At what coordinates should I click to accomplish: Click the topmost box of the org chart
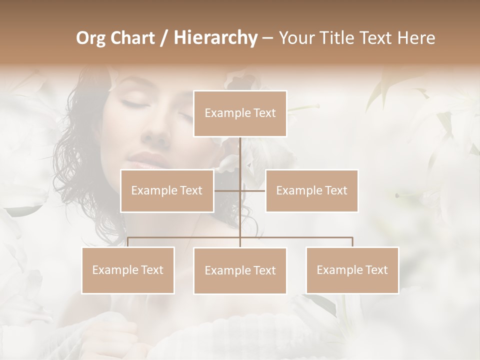240,113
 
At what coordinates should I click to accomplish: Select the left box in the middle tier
167,190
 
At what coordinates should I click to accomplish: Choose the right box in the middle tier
311,190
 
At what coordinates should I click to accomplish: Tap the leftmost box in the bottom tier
128,270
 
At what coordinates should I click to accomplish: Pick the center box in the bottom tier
240,270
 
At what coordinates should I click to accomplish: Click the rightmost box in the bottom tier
352,270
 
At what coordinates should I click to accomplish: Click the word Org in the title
91,38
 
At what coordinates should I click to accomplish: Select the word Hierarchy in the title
215,38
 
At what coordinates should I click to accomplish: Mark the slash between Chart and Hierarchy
163,38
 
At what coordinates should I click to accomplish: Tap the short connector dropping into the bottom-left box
128,242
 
